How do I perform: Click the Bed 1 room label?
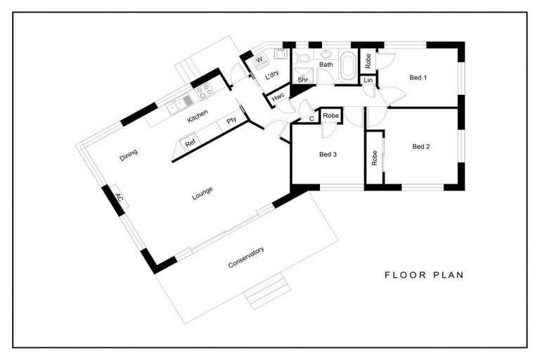coord(418,77)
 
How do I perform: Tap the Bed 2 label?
coord(421,146)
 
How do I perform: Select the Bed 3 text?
coord(328,154)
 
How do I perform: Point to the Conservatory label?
coord(246,257)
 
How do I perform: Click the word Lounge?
coord(202,193)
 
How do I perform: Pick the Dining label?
coord(129,155)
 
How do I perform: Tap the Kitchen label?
coord(198,116)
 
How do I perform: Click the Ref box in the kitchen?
coord(190,143)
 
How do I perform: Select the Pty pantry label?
coord(231,120)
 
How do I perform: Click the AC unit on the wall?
coord(118,198)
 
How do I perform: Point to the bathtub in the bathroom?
coord(348,65)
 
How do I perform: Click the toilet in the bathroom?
coord(303,57)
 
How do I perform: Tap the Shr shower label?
coord(303,80)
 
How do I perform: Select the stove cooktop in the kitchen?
coord(205,91)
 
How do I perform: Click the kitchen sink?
coord(179,105)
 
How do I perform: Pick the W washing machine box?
coord(259,60)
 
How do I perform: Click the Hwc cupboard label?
coord(278,98)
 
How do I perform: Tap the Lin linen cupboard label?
coord(368,80)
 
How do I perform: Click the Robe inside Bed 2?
coord(374,157)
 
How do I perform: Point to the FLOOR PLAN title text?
coord(424,275)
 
